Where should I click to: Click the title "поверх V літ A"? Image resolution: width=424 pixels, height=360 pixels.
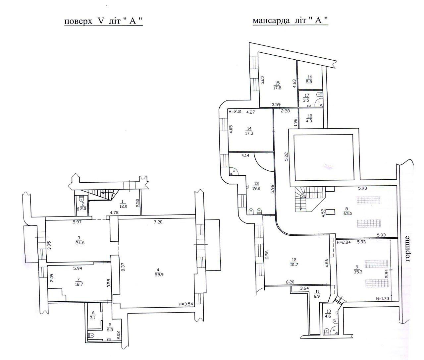click(103, 21)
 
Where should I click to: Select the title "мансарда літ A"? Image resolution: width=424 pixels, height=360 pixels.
click(290, 21)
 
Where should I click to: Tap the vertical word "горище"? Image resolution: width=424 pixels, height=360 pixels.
click(407, 249)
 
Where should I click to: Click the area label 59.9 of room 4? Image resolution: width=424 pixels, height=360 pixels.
click(159, 275)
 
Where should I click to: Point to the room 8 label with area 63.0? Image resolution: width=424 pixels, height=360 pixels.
click(347, 211)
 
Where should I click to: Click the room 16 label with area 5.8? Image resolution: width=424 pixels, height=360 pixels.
click(309, 80)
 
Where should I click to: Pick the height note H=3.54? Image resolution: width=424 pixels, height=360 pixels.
click(185, 304)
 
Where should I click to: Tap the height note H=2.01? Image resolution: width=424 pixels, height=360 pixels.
click(235, 112)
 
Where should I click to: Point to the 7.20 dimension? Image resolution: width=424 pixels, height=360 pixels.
click(158, 222)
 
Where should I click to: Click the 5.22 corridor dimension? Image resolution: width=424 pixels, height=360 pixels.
click(286, 156)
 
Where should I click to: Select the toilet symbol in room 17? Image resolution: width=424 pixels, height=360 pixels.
click(319, 94)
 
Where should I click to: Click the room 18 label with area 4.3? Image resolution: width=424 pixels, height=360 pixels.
click(309, 119)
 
